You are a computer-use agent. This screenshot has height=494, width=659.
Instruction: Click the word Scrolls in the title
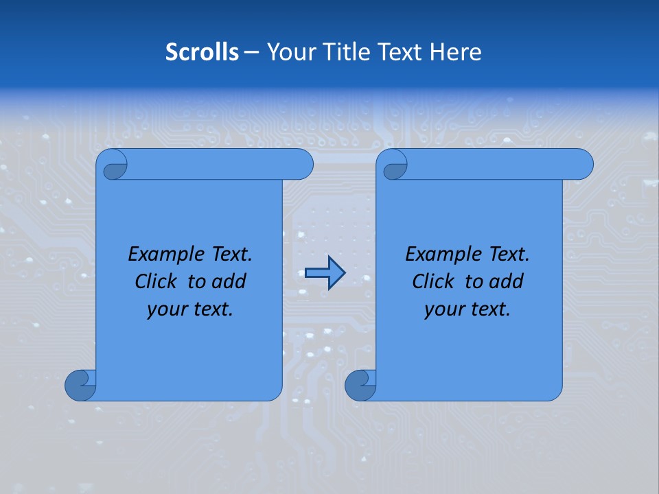coord(203,52)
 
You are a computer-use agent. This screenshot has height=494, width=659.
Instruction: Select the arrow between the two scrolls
coord(325,273)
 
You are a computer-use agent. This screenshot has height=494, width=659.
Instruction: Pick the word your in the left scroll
coord(167,309)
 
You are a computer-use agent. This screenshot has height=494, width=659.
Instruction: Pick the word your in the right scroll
coord(444,309)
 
